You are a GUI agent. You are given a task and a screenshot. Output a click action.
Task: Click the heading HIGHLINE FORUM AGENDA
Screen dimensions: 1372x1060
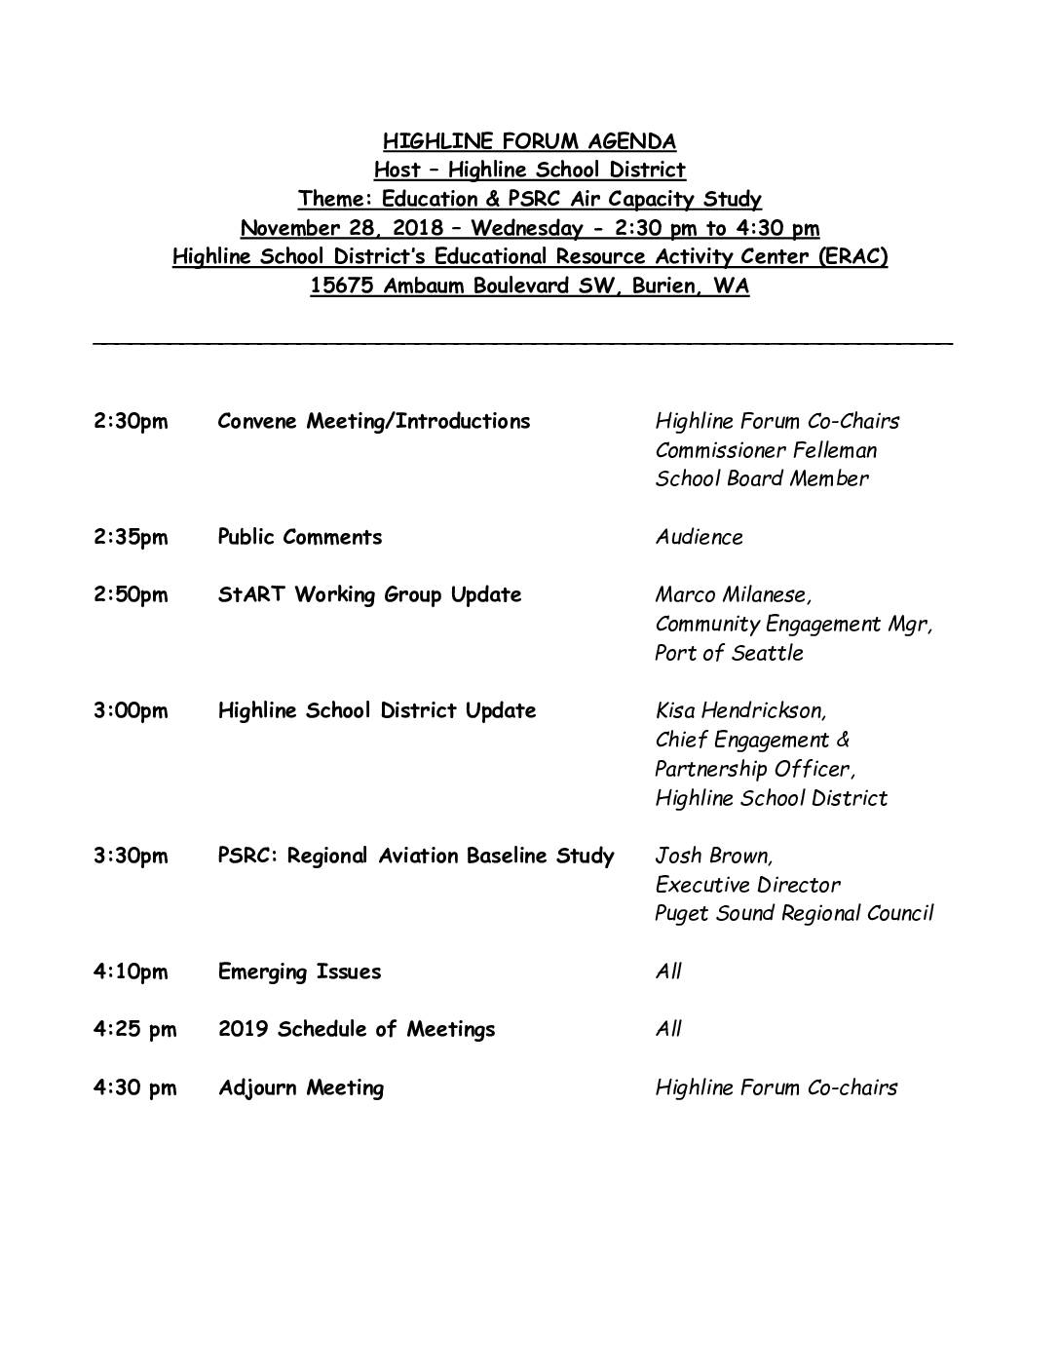[x=529, y=141]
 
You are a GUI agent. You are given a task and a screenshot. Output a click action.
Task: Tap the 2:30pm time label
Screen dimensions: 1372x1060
[x=131, y=422]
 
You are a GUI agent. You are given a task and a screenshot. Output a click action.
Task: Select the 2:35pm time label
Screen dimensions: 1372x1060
[x=131, y=538]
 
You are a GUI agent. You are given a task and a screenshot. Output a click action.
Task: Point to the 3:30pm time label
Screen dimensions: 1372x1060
[x=131, y=857]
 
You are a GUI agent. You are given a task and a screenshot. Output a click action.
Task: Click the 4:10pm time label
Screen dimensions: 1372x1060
[x=131, y=972]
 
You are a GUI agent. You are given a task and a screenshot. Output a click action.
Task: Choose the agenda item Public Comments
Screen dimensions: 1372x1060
[x=300, y=537]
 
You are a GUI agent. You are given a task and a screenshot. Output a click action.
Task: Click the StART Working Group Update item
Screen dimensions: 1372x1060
[x=369, y=594]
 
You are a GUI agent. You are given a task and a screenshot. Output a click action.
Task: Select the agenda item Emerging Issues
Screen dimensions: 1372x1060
[x=299, y=972]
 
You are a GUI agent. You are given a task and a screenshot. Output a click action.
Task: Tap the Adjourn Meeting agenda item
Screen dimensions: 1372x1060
[x=301, y=1088]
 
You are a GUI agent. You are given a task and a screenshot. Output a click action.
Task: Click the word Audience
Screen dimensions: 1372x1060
[x=699, y=537]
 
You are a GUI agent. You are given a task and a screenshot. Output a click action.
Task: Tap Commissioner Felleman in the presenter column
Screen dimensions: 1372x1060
[x=766, y=450]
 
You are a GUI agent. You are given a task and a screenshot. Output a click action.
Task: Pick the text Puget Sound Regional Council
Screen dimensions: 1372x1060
[x=794, y=914]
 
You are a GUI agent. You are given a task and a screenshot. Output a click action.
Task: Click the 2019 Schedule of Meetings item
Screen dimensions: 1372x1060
[x=357, y=1030]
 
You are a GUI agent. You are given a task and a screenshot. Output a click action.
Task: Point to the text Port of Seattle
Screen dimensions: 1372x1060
[x=729, y=653]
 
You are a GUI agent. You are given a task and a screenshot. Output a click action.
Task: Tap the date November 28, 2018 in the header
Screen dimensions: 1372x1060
[x=340, y=229]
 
